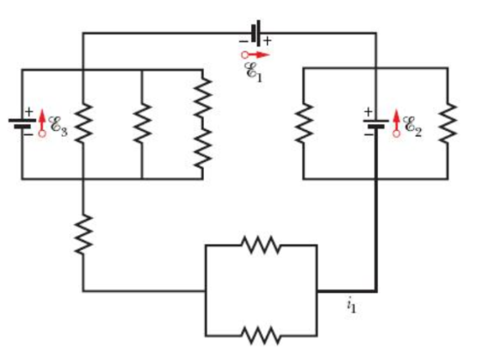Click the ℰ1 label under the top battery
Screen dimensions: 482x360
[x=253, y=72]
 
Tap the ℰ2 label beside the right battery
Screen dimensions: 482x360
[x=412, y=126]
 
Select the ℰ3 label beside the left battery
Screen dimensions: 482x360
[x=59, y=126]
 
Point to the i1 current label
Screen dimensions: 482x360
[x=351, y=306]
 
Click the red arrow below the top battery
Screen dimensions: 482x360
[x=255, y=55]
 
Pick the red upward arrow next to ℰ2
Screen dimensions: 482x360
[x=397, y=123]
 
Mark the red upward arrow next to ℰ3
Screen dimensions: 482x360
[x=42, y=123]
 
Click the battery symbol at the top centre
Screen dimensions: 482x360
[x=256, y=33]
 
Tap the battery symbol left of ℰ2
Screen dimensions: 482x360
[x=376, y=123]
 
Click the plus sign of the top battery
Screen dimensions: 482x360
[x=268, y=40]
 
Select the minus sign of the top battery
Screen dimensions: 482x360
[x=244, y=41]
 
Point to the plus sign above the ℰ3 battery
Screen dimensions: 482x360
[x=28, y=111]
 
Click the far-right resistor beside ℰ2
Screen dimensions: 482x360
[x=448, y=123]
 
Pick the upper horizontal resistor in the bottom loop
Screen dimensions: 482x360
[x=262, y=245]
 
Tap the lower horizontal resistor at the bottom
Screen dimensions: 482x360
[x=262, y=335]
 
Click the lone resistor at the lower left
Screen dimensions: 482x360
[x=83, y=234]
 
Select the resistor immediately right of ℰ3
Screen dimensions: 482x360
[x=83, y=123]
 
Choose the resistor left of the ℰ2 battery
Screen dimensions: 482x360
[x=304, y=123]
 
